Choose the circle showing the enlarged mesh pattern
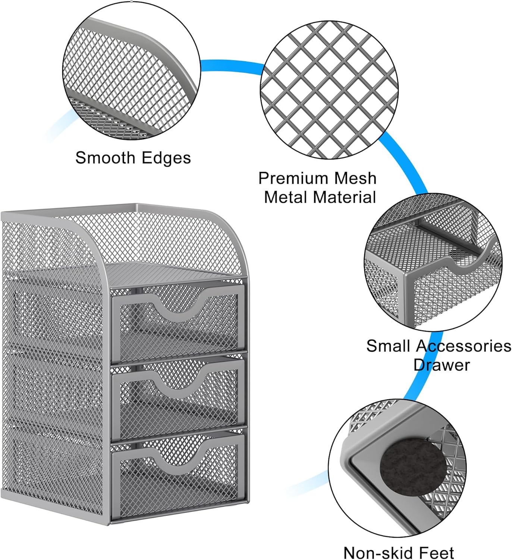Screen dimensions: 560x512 329,90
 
